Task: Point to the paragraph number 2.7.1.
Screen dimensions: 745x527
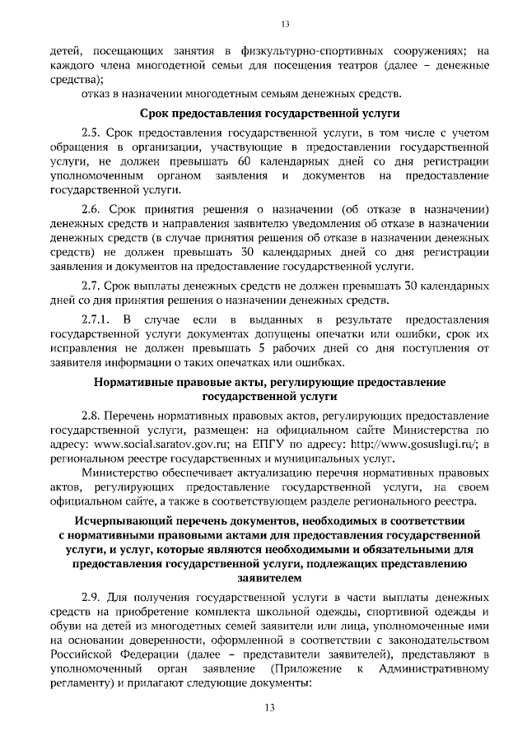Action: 96,319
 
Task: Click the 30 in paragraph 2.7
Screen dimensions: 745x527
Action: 385,284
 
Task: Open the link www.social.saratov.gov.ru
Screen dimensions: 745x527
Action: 152,445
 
